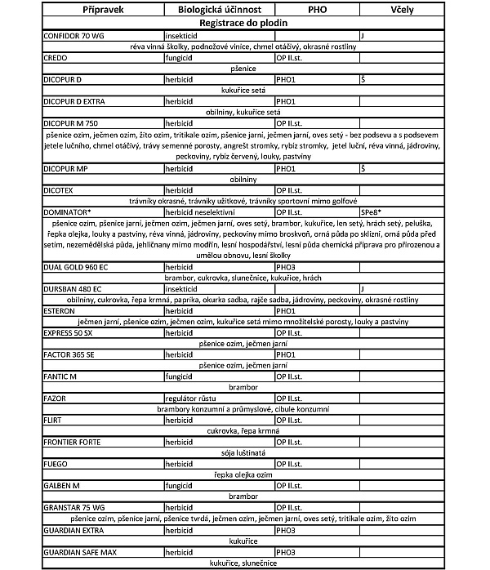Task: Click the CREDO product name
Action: coord(56,59)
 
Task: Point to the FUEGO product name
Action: coord(56,464)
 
